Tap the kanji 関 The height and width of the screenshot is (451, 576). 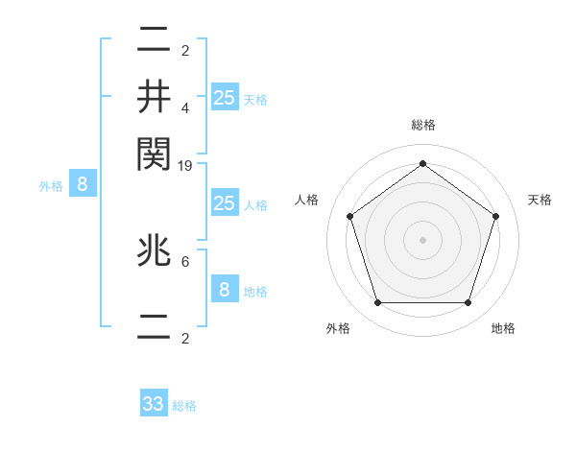pyautogui.click(x=155, y=152)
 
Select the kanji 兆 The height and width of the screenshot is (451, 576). pyautogui.click(x=155, y=252)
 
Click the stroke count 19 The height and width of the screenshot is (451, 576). pyautogui.click(x=185, y=167)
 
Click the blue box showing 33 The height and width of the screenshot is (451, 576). pyautogui.click(x=154, y=404)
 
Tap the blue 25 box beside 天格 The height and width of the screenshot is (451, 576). pyautogui.click(x=224, y=98)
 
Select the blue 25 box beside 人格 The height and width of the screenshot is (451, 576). pyautogui.click(x=224, y=203)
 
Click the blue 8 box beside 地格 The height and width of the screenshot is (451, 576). pyautogui.click(x=224, y=290)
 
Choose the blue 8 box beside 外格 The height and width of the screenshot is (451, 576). pyautogui.click(x=83, y=185)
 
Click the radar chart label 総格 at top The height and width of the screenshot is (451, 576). pyautogui.click(x=422, y=125)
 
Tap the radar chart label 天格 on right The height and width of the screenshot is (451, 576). pyautogui.click(x=540, y=200)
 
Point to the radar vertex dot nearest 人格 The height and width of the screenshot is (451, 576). pyautogui.click(x=349, y=217)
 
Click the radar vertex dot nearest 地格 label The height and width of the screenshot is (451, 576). pyautogui.click(x=468, y=303)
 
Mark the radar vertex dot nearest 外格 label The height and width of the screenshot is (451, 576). pyautogui.click(x=377, y=303)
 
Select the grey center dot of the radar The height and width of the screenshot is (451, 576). pyautogui.click(x=422, y=240)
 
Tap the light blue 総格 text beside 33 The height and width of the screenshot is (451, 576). pyautogui.click(x=184, y=406)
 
